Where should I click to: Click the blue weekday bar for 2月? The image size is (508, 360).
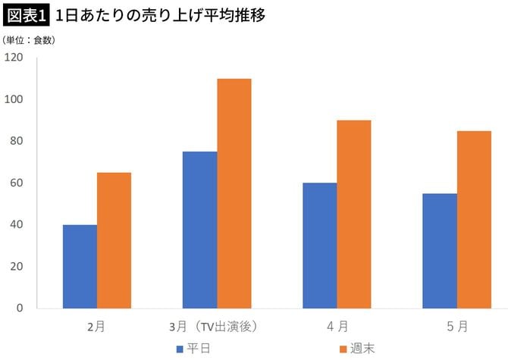[80, 266]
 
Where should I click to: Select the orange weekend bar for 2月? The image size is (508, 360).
[114, 240]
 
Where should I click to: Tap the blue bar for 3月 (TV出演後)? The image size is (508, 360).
[199, 230]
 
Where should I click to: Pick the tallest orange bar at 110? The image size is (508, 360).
[234, 193]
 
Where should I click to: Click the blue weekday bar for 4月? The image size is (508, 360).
[319, 246]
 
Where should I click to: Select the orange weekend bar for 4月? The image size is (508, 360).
[353, 214]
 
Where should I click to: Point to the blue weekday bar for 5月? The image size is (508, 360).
[439, 251]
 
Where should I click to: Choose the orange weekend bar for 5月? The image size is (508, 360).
[473, 220]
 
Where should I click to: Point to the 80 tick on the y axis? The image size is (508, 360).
[17, 141]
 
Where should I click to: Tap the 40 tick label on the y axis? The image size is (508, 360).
[17, 225]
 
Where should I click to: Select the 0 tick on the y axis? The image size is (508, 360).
[20, 308]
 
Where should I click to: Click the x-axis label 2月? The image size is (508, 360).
[96, 327]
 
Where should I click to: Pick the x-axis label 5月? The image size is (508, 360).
[457, 327]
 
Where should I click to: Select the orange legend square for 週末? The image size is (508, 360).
[343, 349]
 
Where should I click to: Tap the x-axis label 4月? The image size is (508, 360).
[337, 327]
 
